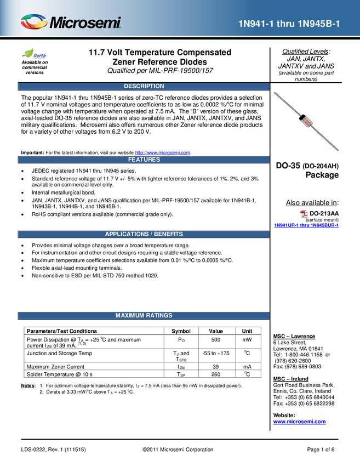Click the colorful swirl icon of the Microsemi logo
34,22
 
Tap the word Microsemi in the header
85,23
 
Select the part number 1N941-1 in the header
256,24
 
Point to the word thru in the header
287,24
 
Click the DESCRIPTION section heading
144,86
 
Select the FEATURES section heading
144,160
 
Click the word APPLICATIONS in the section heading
127,234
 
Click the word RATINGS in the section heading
159,315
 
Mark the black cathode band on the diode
301,116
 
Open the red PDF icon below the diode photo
304,214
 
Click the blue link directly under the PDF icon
306,225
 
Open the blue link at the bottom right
299,422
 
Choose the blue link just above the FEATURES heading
163,152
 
